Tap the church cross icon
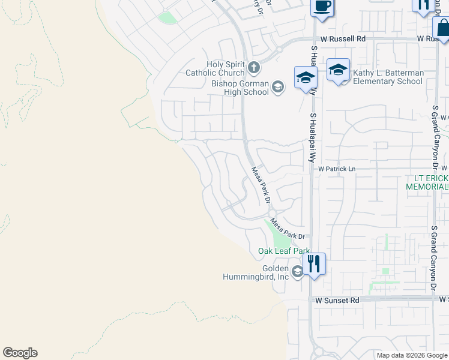coord(254,67)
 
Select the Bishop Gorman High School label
coord(240,88)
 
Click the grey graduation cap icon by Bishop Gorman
coord(277,88)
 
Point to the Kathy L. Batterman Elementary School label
coord(388,77)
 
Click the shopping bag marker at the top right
coord(441,28)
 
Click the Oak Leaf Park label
coord(283,251)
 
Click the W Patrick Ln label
coord(337,169)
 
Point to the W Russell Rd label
coord(343,38)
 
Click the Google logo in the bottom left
coord(20,353)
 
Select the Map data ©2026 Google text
coord(411,355)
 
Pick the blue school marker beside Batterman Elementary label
coord(338,70)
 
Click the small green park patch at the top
coord(168,18)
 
